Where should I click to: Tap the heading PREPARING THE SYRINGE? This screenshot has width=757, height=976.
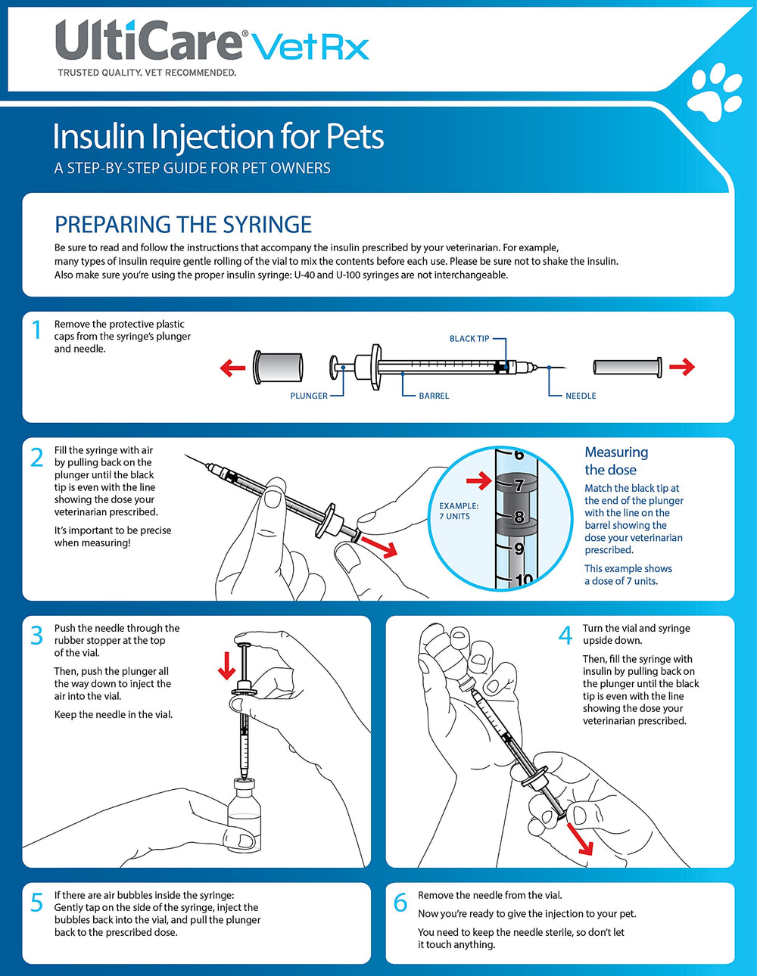pyautogui.click(x=183, y=225)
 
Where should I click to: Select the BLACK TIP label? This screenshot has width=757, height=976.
pyautogui.click(x=469, y=339)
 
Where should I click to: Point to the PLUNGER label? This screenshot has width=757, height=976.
pyautogui.click(x=309, y=396)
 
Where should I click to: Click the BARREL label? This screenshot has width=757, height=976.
pyautogui.click(x=434, y=396)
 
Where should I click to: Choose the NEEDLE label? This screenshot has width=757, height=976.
pyautogui.click(x=581, y=396)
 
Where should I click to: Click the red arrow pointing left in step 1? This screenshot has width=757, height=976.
pyautogui.click(x=232, y=368)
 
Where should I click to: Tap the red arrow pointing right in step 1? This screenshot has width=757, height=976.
pyautogui.click(x=681, y=367)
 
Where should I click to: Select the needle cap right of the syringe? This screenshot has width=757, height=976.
pyautogui.click(x=627, y=367)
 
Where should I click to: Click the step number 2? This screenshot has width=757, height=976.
pyautogui.click(x=36, y=458)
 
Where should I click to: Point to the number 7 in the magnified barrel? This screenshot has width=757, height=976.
pyautogui.click(x=519, y=485)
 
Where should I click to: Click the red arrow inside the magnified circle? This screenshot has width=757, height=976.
pyautogui.click(x=479, y=481)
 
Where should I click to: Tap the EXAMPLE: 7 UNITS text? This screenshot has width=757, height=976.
pyautogui.click(x=459, y=511)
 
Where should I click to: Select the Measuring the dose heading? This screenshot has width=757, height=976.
pyautogui.click(x=616, y=461)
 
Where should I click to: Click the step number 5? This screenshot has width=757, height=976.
pyautogui.click(x=36, y=903)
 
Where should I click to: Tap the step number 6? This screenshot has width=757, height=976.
pyautogui.click(x=400, y=903)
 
